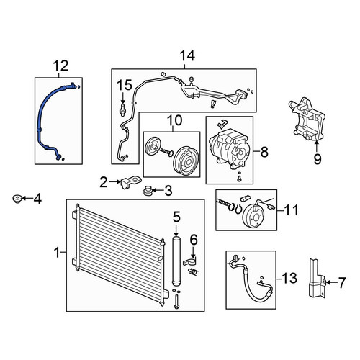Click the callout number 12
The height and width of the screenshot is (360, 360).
pyautogui.click(x=61, y=66)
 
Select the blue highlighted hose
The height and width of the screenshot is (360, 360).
pyautogui.click(x=41, y=113)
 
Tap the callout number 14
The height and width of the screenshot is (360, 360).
pyautogui.click(x=187, y=55)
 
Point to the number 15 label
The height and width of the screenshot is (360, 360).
pyautogui.click(x=125, y=85)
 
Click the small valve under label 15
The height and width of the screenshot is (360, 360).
pyautogui.click(x=122, y=109)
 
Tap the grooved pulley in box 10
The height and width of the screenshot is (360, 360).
pyautogui.click(x=185, y=160)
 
